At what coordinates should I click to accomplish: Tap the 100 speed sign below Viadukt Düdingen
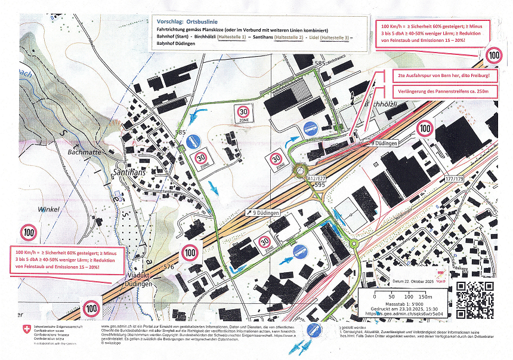click(91, 309)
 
